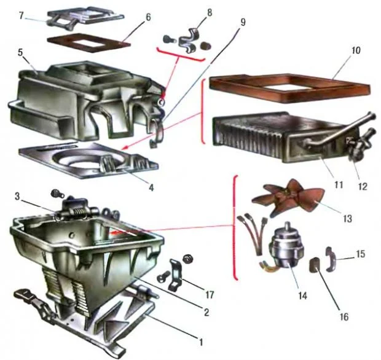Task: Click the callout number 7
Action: (22, 16)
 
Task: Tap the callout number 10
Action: (355, 50)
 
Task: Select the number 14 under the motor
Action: (302, 296)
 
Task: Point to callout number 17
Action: (210, 295)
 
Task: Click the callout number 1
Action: (201, 343)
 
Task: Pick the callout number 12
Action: (363, 187)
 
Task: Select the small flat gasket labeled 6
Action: (88, 43)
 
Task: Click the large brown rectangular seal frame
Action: (289, 88)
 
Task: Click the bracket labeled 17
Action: (175, 275)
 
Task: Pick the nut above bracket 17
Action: (187, 259)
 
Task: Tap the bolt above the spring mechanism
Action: (57, 194)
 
